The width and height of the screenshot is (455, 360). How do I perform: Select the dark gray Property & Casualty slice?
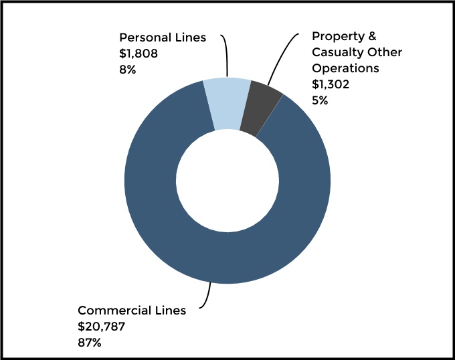click(258, 108)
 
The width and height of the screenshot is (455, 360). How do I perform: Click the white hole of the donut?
click(227, 181)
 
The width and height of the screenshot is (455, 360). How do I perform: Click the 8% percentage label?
click(127, 69)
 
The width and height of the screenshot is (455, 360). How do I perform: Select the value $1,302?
click(331, 84)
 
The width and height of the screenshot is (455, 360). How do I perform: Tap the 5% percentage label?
click(321, 100)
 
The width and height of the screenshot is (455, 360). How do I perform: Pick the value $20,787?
click(102, 327)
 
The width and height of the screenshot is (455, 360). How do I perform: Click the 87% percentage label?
click(90, 343)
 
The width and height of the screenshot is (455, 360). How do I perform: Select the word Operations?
click(345, 68)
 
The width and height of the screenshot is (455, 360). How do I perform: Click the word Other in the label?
click(385, 52)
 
